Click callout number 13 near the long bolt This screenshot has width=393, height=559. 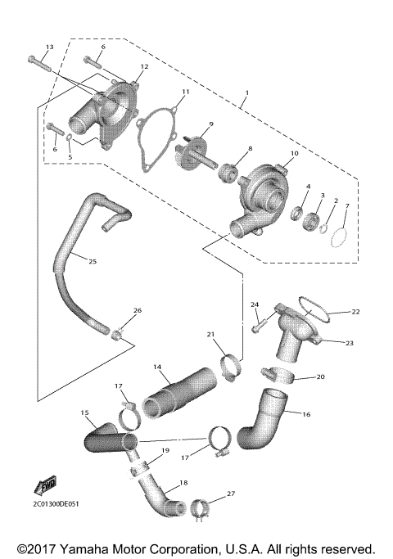(x=48, y=47)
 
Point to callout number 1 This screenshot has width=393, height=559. (x=243, y=104)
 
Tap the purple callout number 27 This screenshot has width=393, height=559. (x=230, y=494)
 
